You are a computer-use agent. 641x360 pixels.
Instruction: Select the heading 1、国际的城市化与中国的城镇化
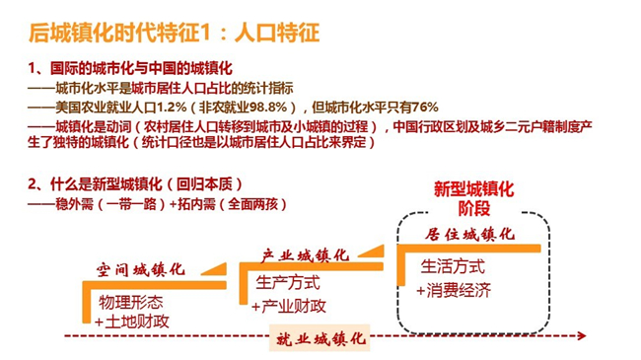[x=129, y=69]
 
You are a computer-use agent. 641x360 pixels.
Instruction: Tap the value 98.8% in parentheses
[x=258, y=107]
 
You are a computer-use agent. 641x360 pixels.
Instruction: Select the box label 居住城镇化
[x=471, y=236]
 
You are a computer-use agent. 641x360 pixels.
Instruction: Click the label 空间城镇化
[x=140, y=269]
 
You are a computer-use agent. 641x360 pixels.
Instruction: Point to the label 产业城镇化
[x=305, y=253]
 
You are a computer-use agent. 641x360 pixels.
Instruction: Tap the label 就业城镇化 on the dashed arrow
[x=319, y=337]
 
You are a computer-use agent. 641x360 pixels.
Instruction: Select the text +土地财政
[x=132, y=322]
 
